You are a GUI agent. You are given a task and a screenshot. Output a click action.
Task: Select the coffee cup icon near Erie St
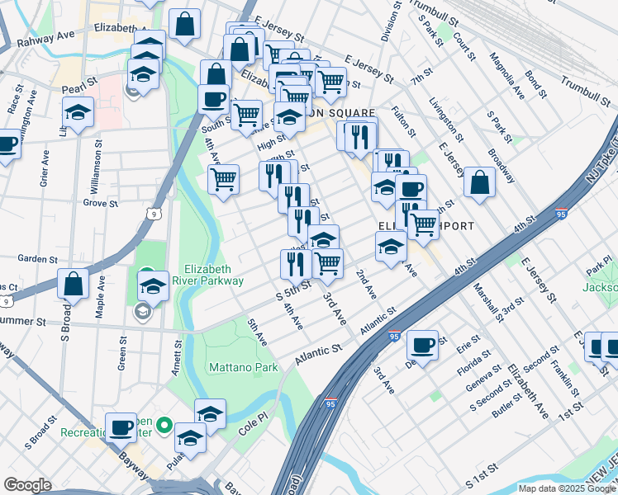click(x=422, y=344)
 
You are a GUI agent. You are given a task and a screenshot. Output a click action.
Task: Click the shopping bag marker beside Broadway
click(x=479, y=182)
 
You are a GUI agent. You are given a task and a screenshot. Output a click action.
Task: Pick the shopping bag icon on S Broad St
click(x=74, y=284)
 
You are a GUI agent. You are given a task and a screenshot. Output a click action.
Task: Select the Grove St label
click(x=101, y=202)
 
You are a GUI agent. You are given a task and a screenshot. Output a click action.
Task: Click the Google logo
click(x=27, y=485)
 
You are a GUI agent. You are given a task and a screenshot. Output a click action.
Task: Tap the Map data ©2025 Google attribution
click(x=567, y=488)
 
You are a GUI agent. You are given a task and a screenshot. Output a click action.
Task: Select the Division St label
click(x=385, y=26)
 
